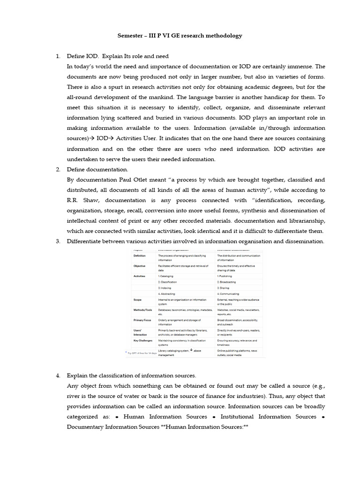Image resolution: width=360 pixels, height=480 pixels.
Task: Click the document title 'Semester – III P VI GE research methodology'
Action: click(180, 36)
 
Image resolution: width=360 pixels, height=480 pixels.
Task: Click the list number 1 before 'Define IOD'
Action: click(58, 56)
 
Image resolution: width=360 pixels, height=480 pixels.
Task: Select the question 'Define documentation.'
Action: click(97, 169)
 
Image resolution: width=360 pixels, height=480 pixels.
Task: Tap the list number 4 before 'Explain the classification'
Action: click(58, 375)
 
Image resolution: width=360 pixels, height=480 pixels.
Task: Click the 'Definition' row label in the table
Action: click(140, 256)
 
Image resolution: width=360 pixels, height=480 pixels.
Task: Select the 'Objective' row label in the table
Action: click(139, 266)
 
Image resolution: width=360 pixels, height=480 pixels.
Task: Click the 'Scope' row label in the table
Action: click(137, 300)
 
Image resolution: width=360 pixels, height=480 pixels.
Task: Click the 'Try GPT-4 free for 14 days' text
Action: click(142, 352)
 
